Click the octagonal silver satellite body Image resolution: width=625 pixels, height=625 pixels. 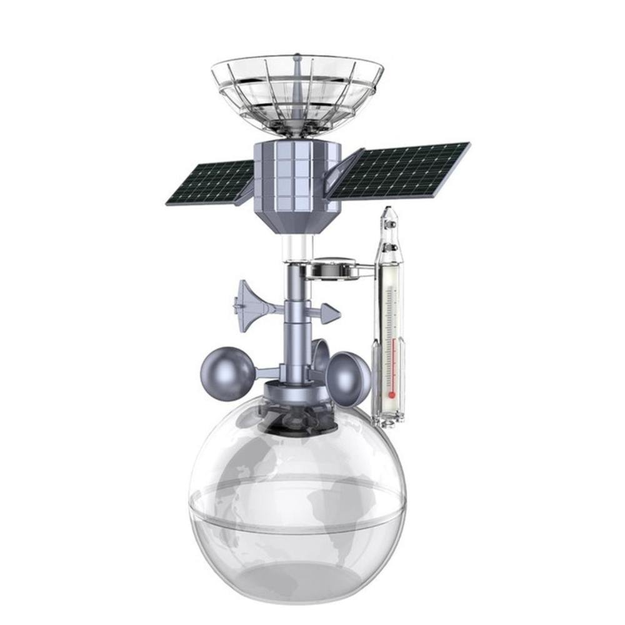[297, 175]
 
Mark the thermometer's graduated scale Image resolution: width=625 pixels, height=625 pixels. [391, 331]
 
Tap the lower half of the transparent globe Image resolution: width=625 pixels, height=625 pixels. [297, 562]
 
